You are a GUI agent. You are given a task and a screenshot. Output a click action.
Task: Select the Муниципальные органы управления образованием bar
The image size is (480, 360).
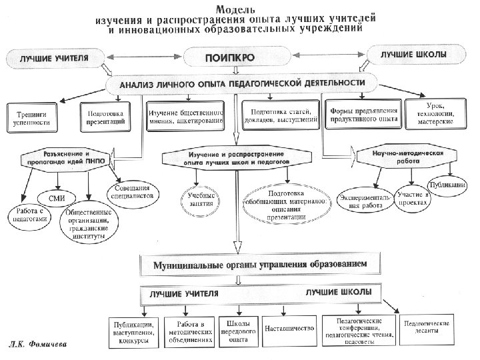[x=240, y=265]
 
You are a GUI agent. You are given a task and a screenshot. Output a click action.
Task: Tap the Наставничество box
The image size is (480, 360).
[x=288, y=329]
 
